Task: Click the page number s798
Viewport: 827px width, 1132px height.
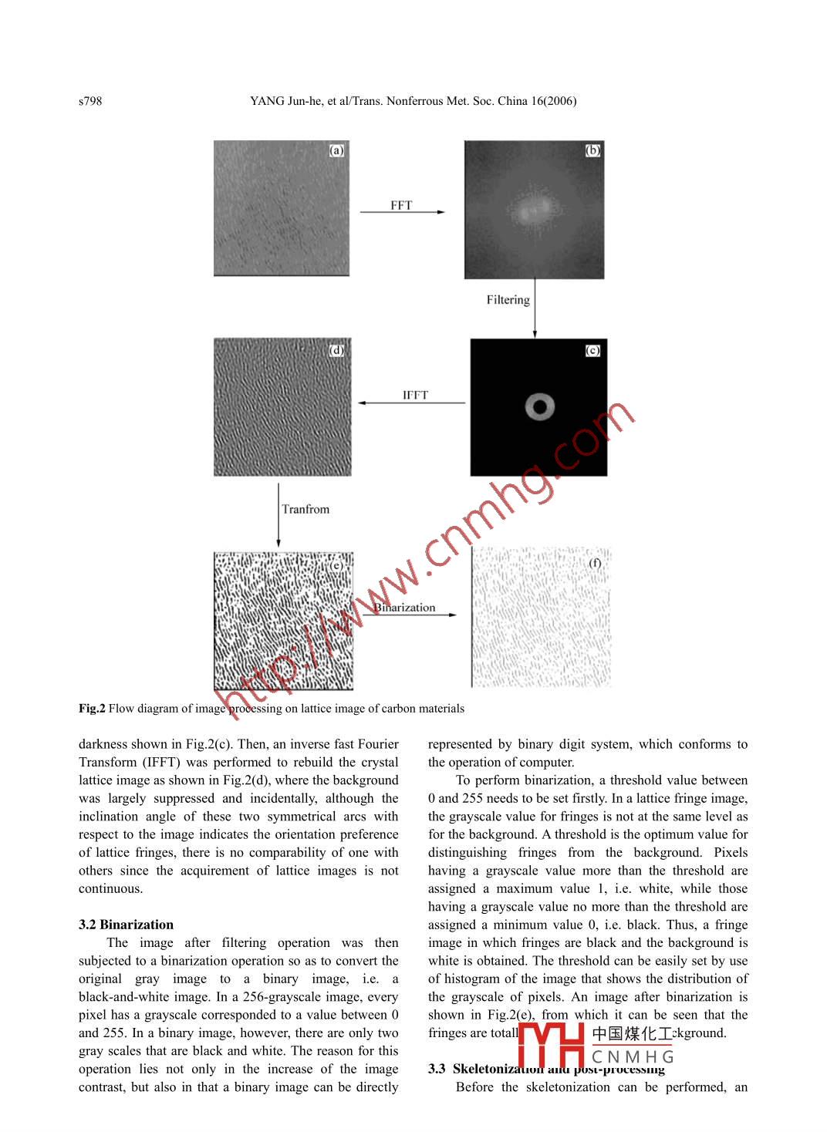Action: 90,101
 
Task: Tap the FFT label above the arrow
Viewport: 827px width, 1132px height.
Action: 401,205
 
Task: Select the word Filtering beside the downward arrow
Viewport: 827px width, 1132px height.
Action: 508,300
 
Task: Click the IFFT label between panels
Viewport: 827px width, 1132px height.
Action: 415,395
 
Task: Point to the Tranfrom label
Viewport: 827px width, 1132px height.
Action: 305,509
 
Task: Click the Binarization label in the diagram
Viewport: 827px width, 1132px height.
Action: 406,608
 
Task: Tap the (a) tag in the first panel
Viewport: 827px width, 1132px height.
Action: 336,150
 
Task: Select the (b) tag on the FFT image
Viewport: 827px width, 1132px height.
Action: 592,150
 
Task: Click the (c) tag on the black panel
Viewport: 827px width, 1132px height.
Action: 592,350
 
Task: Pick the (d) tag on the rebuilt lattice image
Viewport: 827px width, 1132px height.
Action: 336,350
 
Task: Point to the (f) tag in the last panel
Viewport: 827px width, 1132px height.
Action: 595,563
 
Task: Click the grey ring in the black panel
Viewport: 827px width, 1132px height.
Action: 540,406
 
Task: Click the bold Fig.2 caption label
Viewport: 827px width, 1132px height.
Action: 92,709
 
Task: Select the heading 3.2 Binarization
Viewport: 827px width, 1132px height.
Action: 126,925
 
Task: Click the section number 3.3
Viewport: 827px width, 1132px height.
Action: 437,1069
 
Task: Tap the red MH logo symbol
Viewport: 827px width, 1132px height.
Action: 551,1045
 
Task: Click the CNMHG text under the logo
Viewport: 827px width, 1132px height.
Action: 633,1056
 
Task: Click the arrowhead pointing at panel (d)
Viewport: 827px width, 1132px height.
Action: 360,403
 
